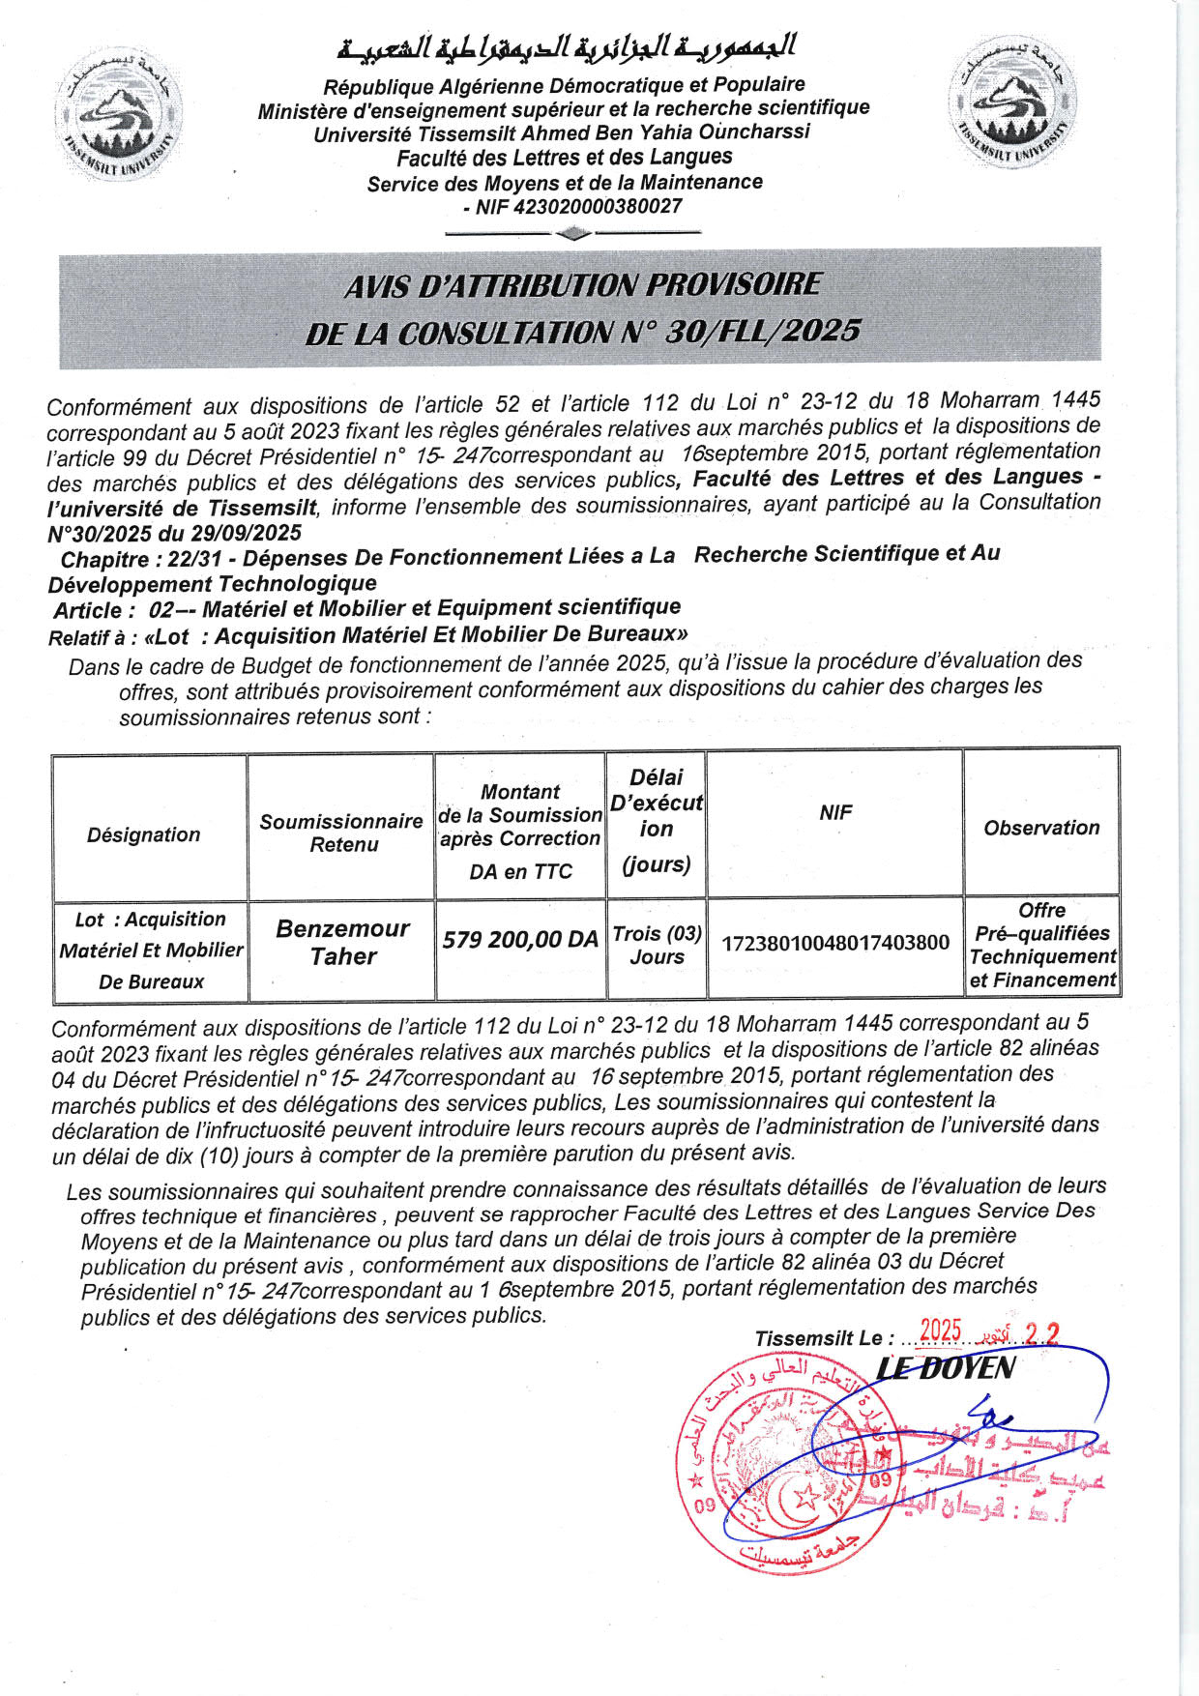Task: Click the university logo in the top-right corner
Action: tap(1011, 102)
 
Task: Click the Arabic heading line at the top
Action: tap(567, 46)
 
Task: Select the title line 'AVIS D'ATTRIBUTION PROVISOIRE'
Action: tap(582, 285)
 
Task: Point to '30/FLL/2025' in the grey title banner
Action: tap(763, 332)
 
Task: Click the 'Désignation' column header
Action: tap(144, 834)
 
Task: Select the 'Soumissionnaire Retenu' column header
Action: tap(341, 833)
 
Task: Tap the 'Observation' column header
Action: tap(1041, 828)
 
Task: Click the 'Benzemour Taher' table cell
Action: tap(342, 943)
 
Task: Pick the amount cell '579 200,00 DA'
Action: tap(520, 940)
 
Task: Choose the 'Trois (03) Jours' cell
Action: tap(657, 945)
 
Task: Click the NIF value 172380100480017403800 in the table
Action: tap(835, 943)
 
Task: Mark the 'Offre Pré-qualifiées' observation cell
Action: tap(1042, 945)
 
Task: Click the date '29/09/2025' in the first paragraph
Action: tap(246, 533)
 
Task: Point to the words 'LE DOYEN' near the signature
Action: tap(945, 1368)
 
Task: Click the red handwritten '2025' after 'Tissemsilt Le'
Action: tap(940, 1331)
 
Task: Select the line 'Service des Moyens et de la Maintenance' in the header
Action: tap(565, 183)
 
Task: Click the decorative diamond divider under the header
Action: tap(574, 233)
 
